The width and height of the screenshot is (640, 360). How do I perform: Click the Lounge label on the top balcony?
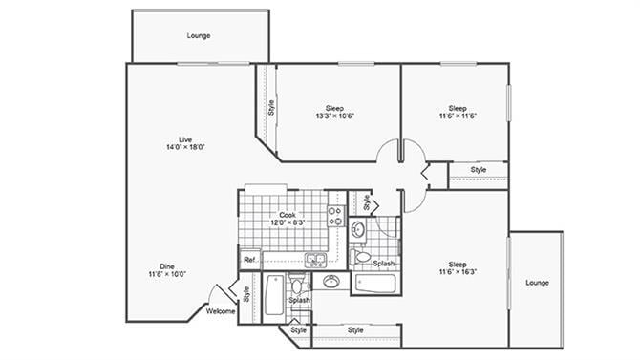[x=199, y=36]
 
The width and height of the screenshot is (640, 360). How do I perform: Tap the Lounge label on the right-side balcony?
[x=537, y=283]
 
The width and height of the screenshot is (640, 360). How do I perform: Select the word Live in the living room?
[x=172, y=138]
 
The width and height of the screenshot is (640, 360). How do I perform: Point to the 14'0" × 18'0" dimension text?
[x=172, y=147]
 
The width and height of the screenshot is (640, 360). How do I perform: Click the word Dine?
[x=167, y=265]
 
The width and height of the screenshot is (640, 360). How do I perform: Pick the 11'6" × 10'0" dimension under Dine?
[x=167, y=274]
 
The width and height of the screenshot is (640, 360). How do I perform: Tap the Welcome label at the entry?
[x=221, y=310]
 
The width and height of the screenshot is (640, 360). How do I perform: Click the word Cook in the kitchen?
[x=288, y=215]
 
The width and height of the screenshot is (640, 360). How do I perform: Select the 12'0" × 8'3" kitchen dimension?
[x=288, y=222]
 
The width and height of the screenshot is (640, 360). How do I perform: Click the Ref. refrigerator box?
[x=249, y=259]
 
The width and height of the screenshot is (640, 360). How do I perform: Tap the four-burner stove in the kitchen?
[x=335, y=216]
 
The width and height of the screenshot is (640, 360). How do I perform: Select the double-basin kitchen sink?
[x=315, y=259]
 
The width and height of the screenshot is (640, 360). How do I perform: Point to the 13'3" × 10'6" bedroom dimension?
[x=334, y=116]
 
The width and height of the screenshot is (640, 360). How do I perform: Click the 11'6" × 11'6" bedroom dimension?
[x=458, y=116]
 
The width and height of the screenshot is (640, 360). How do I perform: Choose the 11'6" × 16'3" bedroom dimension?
[x=458, y=272]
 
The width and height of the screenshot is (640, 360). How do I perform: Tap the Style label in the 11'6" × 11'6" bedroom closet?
[x=478, y=170]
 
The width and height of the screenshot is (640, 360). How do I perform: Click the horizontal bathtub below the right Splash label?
[x=375, y=283]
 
